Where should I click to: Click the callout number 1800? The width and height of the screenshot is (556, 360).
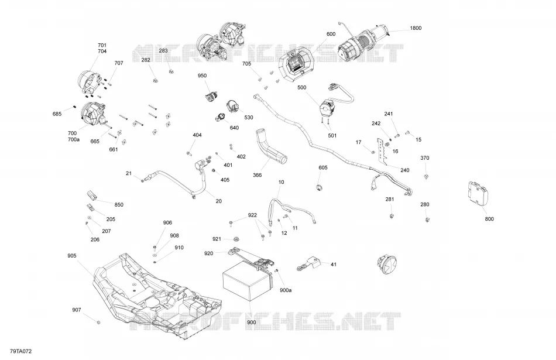click(416, 28)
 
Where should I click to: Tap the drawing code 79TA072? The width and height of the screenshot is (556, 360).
click(21, 351)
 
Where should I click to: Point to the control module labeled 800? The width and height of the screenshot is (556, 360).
click(478, 193)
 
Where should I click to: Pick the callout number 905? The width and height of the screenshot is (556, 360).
click(71, 256)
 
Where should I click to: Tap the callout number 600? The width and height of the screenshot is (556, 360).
click(331, 34)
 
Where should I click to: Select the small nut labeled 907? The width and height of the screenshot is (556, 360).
click(98, 322)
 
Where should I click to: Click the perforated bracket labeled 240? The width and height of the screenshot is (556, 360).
click(382, 152)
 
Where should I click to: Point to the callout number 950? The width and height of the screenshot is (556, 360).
click(202, 76)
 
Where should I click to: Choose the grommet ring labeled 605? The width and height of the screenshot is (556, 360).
click(319, 187)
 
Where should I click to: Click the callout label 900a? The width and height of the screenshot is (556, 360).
click(286, 290)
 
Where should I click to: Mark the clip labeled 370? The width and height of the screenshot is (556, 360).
click(426, 176)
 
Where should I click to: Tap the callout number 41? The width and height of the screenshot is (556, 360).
click(334, 264)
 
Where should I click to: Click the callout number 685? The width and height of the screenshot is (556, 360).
click(57, 114)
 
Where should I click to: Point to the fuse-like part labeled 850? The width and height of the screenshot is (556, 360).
click(92, 195)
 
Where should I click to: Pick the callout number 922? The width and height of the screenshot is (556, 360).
click(252, 215)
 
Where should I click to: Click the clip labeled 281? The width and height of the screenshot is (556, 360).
click(391, 215)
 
